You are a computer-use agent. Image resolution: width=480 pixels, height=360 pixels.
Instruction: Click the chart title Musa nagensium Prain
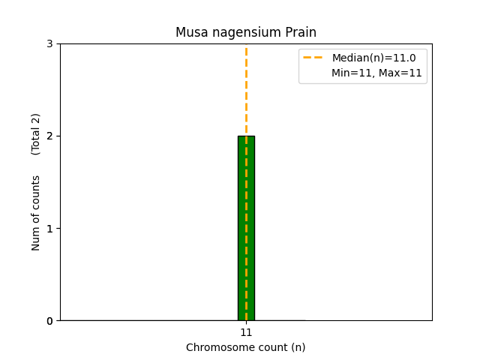click(x=246, y=32)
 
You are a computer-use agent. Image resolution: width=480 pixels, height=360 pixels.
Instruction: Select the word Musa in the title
click(x=189, y=32)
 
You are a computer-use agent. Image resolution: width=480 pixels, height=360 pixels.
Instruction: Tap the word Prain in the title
click(x=301, y=32)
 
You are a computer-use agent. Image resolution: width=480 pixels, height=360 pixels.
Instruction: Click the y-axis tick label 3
click(x=49, y=43)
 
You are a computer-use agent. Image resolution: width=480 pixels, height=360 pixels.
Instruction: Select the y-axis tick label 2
click(x=49, y=136)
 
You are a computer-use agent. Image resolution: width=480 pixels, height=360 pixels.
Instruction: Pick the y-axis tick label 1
click(x=49, y=228)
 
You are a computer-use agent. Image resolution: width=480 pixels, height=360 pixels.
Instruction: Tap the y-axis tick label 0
click(x=49, y=321)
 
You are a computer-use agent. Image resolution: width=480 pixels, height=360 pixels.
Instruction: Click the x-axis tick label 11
click(x=246, y=332)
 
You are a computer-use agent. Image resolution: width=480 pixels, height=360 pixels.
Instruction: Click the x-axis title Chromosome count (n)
click(x=246, y=347)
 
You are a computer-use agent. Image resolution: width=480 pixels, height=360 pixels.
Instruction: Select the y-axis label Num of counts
click(x=36, y=213)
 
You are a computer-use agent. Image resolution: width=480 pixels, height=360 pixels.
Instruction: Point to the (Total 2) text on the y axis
click(x=36, y=133)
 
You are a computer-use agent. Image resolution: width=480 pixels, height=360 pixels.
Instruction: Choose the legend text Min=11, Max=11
click(x=376, y=73)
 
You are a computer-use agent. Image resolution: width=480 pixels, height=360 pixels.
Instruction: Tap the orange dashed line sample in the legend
click(x=313, y=58)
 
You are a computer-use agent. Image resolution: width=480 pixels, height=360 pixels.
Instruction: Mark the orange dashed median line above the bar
click(x=246, y=90)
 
